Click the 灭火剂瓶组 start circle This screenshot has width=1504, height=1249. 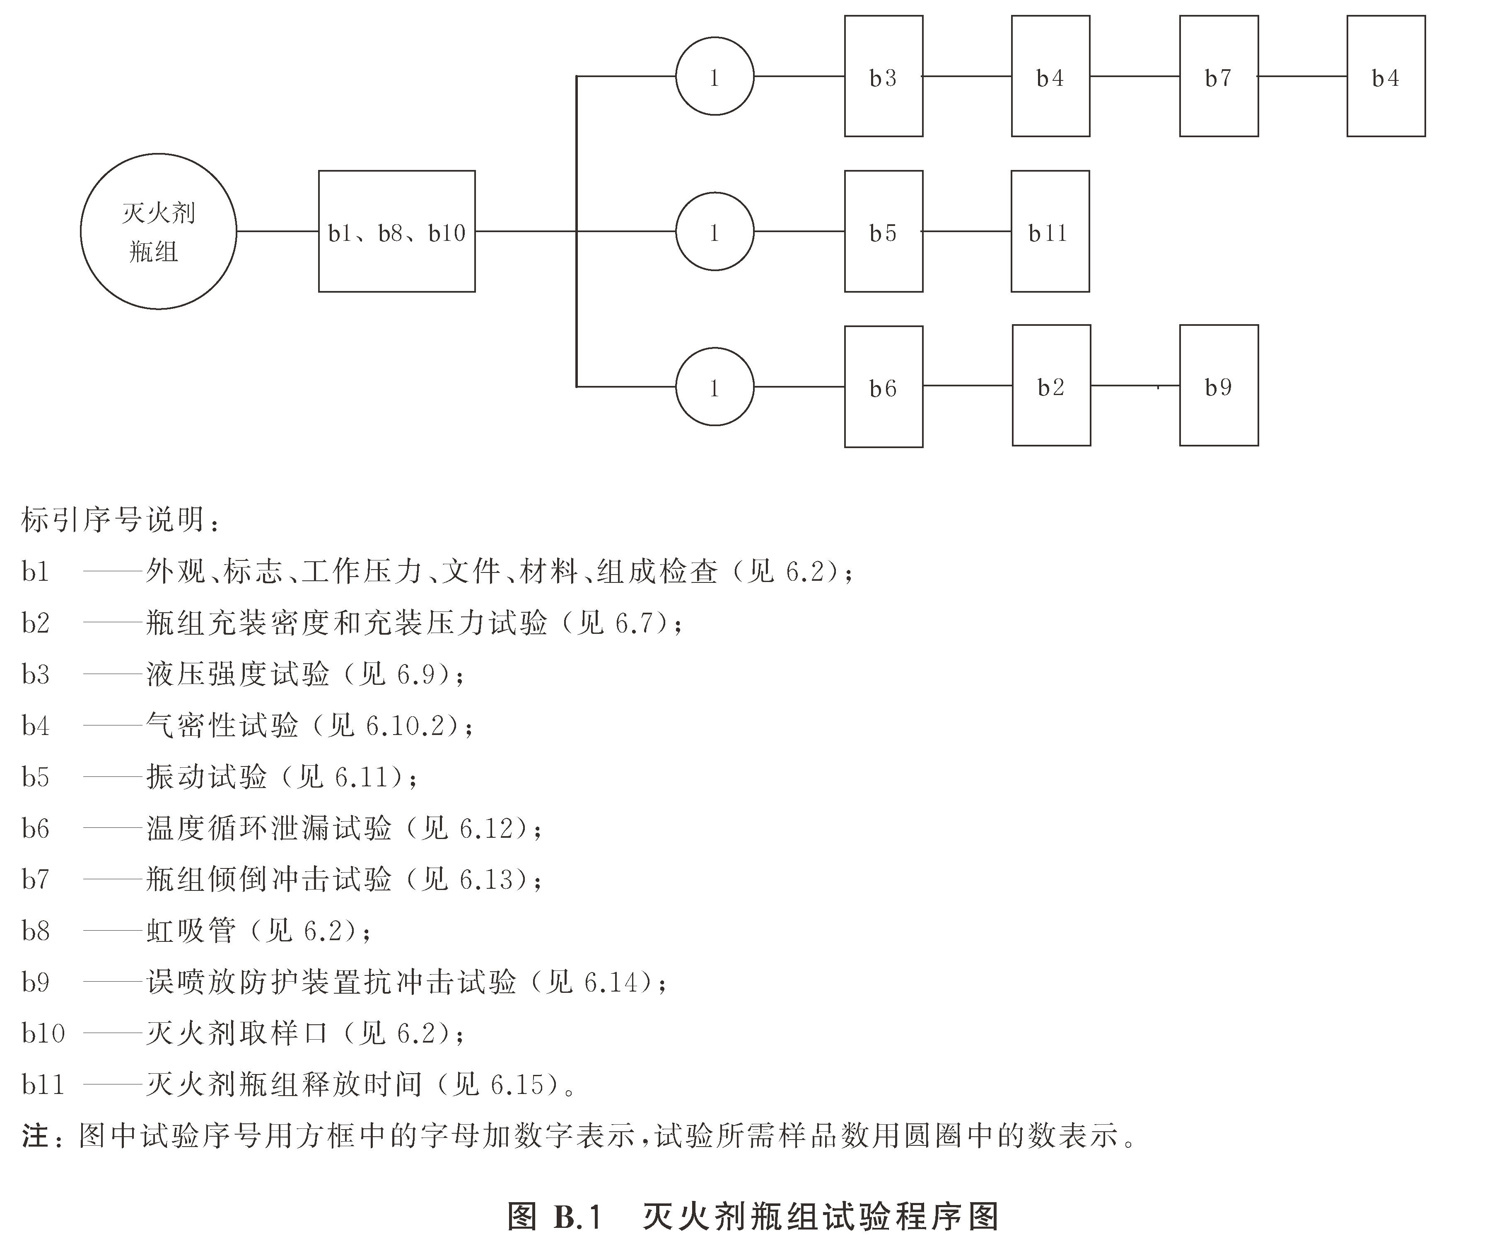pos(158,231)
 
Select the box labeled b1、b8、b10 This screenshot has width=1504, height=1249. pos(397,231)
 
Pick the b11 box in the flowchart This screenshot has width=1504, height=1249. pos(1050,231)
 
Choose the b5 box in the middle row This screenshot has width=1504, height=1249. pos(883,231)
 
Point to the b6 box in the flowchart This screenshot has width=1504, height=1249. pos(883,387)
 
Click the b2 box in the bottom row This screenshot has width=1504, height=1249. pos(1051,386)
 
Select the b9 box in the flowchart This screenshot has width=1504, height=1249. pos(1218,386)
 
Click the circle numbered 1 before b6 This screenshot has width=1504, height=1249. pos(714,387)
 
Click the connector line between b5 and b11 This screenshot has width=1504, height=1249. pos(967,231)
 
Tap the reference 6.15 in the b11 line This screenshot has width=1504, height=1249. pos(517,1085)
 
